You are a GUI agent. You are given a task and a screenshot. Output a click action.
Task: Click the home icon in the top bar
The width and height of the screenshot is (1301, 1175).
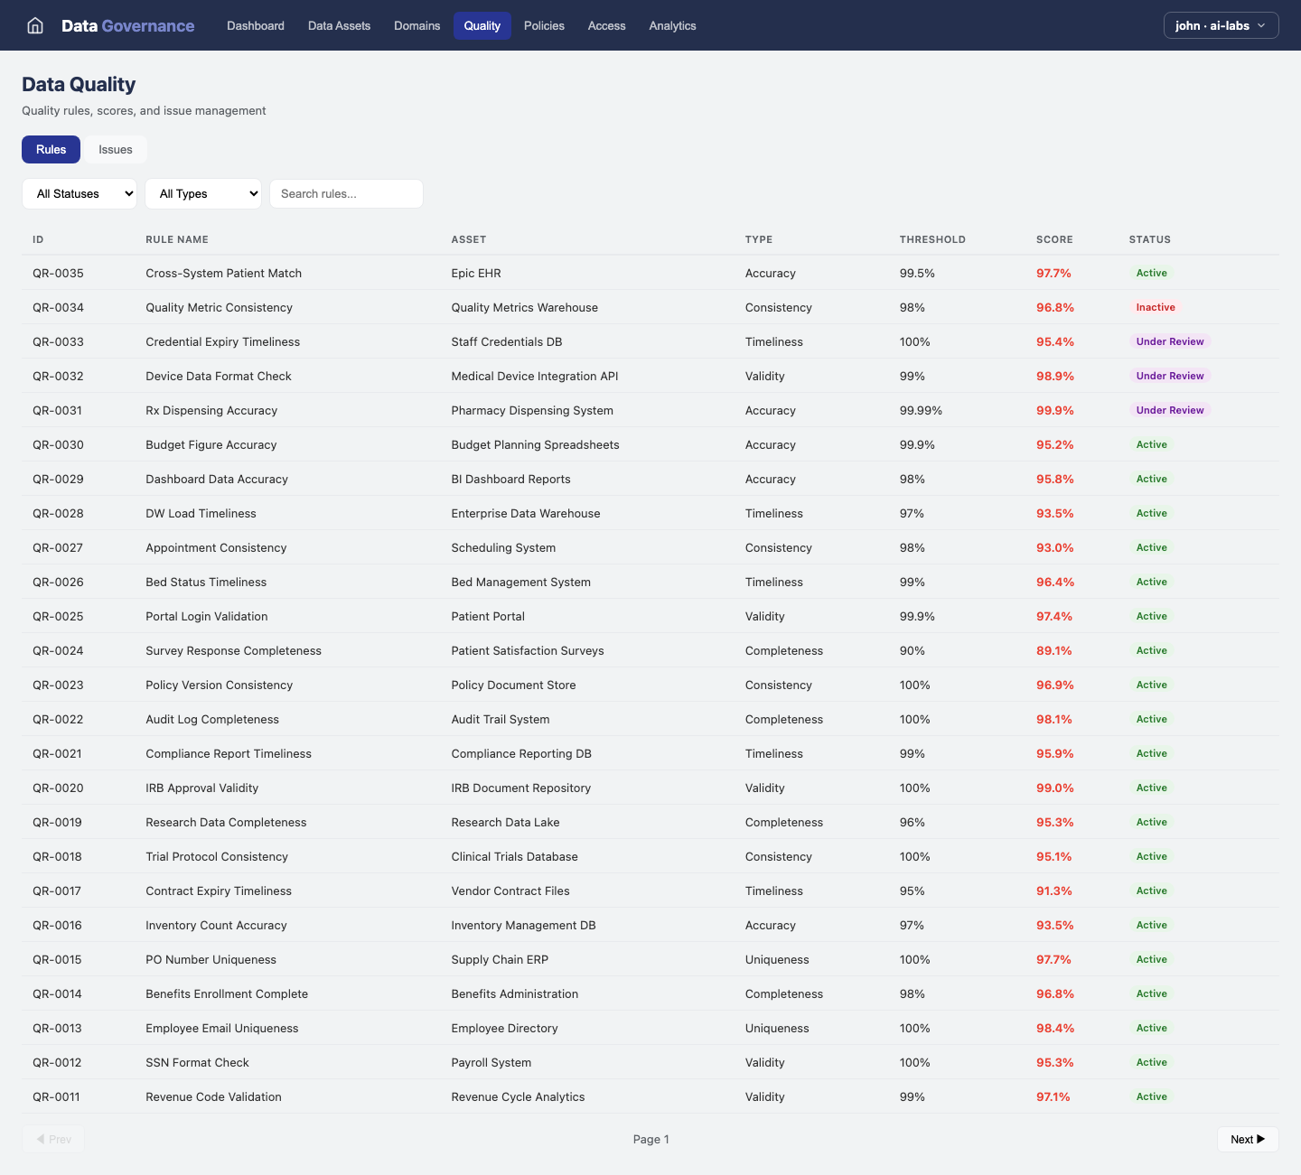(35, 25)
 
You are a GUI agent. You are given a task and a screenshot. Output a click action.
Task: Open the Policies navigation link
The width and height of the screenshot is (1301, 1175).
(544, 25)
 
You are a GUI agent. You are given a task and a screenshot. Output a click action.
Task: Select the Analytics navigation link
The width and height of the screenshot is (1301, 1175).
(672, 25)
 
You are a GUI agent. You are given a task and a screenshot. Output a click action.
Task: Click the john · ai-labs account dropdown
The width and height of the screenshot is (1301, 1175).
(1221, 25)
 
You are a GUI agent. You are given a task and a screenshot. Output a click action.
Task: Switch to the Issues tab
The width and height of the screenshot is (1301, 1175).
(116, 150)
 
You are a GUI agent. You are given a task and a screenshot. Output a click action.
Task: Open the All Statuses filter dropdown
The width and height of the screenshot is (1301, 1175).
(80, 194)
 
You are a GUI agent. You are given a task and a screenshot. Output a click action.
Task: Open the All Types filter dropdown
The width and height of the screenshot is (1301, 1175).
(203, 194)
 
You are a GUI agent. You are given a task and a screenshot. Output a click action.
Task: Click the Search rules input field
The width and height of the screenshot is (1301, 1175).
(346, 194)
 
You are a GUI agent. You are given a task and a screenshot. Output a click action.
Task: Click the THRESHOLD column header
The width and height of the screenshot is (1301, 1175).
(932, 239)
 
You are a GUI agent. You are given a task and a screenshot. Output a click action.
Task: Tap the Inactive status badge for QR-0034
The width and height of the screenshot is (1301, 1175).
(1156, 308)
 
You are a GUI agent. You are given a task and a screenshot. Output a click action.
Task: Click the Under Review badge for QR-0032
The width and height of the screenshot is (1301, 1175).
(1170, 377)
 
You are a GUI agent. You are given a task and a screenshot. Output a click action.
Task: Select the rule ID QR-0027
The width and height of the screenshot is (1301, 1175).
(58, 548)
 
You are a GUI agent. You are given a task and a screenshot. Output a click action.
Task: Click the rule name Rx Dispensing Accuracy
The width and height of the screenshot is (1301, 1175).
(211, 411)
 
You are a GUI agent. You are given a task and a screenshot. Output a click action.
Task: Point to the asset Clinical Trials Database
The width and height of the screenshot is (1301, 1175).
(514, 857)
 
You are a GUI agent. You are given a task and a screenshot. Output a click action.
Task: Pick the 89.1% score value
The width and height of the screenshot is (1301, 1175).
(1053, 651)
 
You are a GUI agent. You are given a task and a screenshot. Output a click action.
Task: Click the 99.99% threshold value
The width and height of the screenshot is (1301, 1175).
(921, 411)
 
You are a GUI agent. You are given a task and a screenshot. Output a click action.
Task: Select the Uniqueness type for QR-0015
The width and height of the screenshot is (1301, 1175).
(777, 960)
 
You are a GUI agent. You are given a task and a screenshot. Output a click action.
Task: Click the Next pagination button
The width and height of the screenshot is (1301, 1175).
(1247, 1140)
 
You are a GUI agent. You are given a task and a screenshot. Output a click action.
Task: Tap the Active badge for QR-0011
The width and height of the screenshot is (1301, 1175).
(1151, 1097)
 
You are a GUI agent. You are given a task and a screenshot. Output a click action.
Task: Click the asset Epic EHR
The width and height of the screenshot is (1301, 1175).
(476, 274)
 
